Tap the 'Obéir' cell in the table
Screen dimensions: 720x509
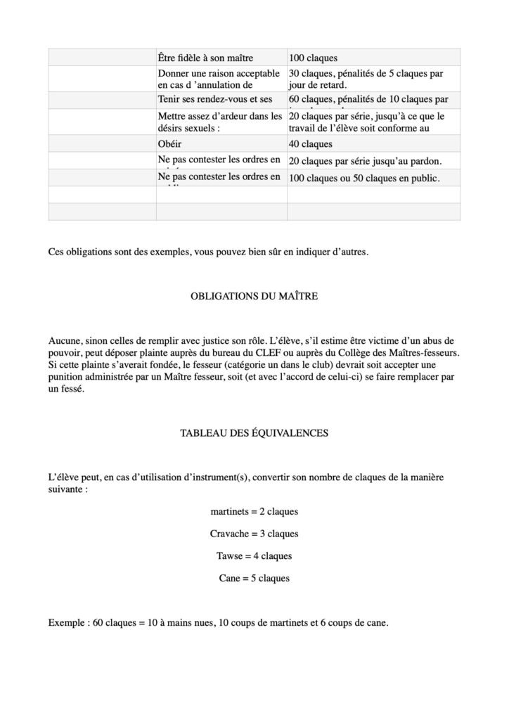pyautogui.click(x=221, y=143)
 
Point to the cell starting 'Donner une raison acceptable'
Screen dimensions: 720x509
pyautogui.click(x=221, y=78)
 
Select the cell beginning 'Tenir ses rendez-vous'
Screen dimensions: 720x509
pyautogui.click(x=221, y=100)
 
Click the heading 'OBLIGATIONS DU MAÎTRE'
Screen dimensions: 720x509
pyautogui.click(x=254, y=297)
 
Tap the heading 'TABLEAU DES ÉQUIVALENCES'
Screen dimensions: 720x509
pyautogui.click(x=254, y=434)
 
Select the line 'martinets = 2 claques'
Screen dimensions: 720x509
pyautogui.click(x=254, y=511)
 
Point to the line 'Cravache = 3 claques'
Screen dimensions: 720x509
pyautogui.click(x=254, y=534)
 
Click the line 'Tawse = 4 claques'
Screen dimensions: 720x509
pyautogui.click(x=254, y=556)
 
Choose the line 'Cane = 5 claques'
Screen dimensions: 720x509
pyautogui.click(x=254, y=579)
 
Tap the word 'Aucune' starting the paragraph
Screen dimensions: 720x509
pyautogui.click(x=64, y=340)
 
